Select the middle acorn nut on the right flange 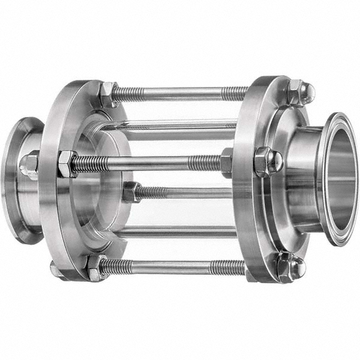point(268,161)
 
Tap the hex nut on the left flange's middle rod point(67,163)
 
